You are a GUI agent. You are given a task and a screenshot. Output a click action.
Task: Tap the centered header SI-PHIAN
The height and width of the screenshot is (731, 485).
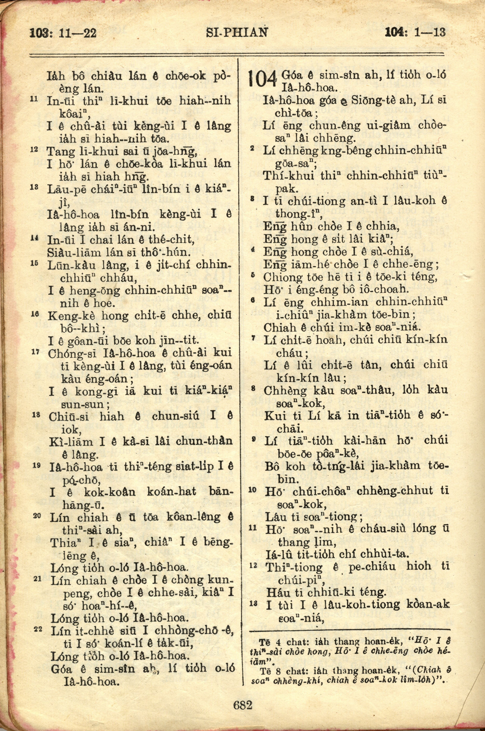pyautogui.click(x=237, y=32)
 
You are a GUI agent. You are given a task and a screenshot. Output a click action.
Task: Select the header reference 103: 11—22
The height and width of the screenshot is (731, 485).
pyautogui.click(x=63, y=32)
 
